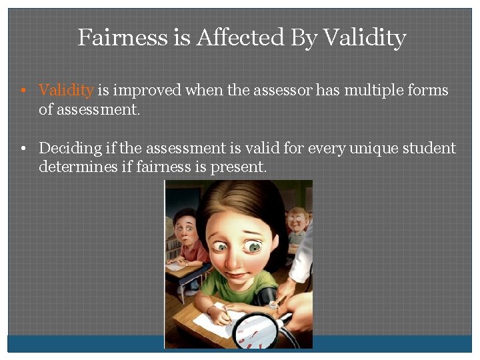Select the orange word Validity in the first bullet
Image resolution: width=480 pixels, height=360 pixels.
[x=67, y=90]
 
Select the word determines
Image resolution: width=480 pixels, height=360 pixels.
[x=75, y=167]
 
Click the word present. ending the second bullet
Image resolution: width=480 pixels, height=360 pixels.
[x=239, y=167]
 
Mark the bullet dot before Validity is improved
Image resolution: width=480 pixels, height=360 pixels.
[x=23, y=91]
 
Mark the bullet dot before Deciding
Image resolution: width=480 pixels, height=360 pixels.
[x=23, y=149]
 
